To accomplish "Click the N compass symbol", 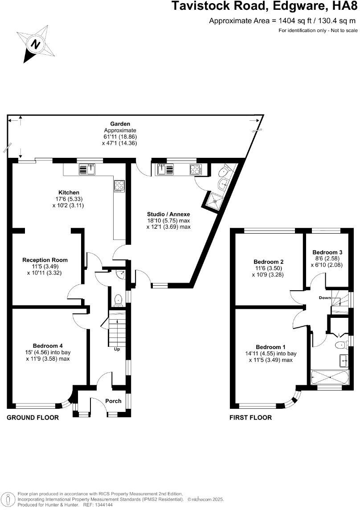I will click(x=35, y=44).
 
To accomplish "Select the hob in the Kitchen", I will click(x=119, y=185).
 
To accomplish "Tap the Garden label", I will click(x=120, y=123).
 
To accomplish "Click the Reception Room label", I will click(x=45, y=260).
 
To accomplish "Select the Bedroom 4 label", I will click(x=48, y=345).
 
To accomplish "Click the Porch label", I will click(x=113, y=401).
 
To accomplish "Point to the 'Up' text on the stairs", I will click(x=117, y=349).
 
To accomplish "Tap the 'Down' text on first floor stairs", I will click(x=324, y=297).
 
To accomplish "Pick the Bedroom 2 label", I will click(x=268, y=262).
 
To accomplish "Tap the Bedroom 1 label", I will click(x=270, y=347).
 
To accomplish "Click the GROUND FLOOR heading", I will click(x=33, y=418).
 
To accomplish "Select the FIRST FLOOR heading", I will click(x=250, y=418).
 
